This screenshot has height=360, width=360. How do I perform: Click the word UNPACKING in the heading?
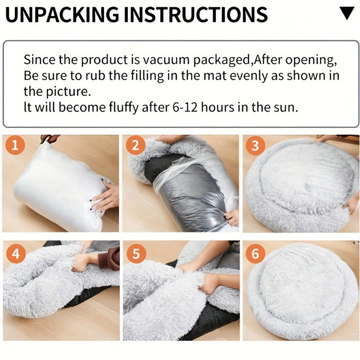62,14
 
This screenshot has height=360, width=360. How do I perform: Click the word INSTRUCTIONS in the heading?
196,14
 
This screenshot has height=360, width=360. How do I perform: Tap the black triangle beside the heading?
346,13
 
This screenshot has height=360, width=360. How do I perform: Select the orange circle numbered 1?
15,145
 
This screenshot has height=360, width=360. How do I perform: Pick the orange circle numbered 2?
135,145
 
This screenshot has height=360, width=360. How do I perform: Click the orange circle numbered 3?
255,145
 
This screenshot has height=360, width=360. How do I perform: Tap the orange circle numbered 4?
16,253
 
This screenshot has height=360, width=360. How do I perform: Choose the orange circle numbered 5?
136,253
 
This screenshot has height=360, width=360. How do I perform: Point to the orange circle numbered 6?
255,253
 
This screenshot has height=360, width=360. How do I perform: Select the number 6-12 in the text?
185,107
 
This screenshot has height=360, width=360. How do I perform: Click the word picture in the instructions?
67,92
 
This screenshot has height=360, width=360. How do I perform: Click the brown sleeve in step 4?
111,258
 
